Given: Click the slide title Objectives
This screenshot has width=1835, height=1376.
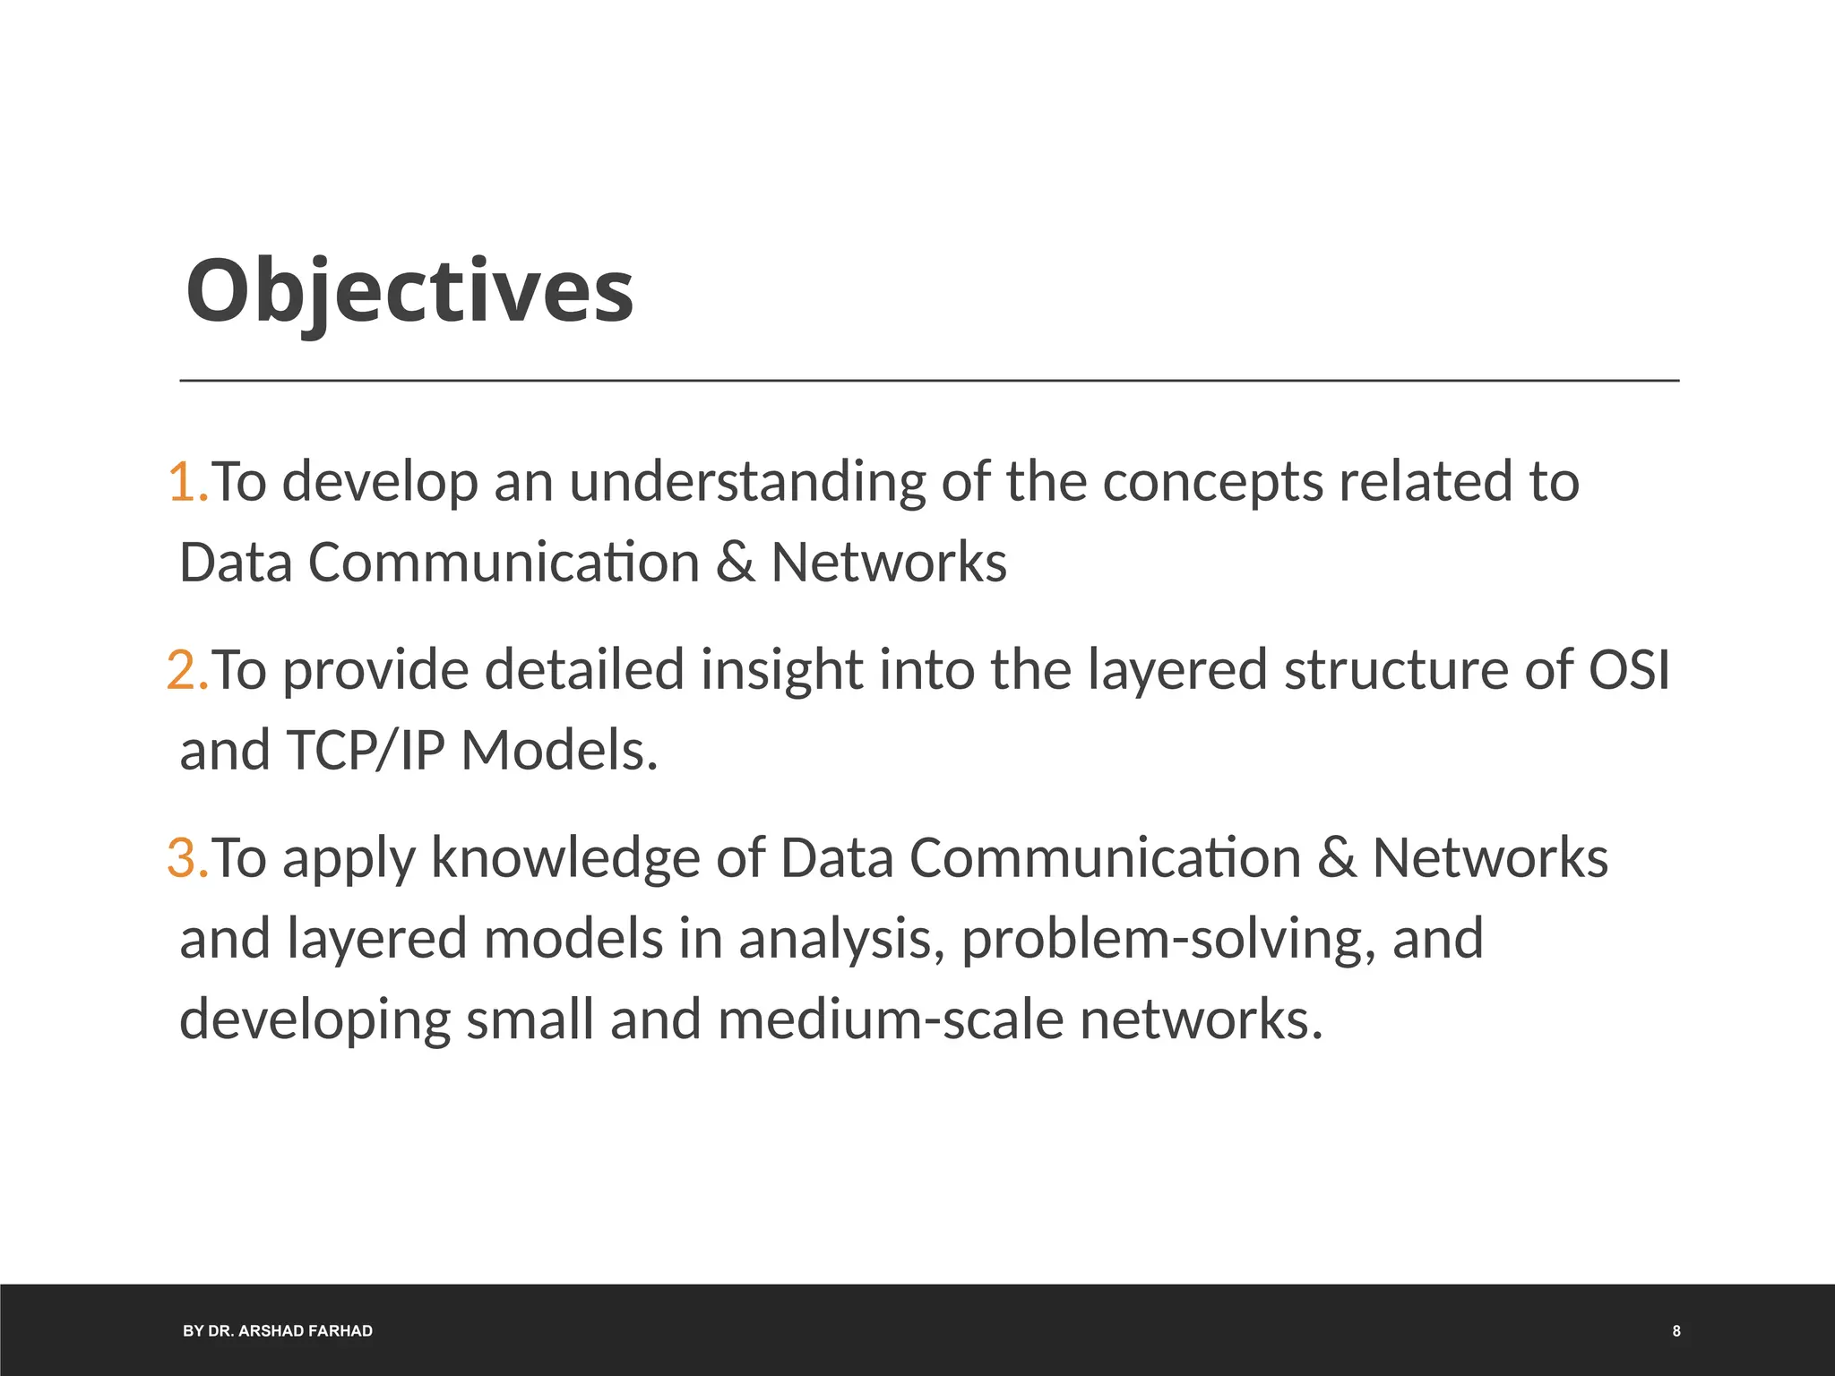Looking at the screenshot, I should [409, 291].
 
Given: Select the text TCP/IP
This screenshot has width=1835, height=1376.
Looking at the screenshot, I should [366, 751].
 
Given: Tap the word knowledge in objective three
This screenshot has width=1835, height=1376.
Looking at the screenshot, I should [565, 858].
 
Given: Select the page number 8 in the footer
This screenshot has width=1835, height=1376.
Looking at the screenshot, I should [1676, 1331].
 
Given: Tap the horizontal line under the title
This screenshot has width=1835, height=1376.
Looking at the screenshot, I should [929, 381].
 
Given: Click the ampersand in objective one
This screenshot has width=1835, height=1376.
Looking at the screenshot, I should [735, 563].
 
